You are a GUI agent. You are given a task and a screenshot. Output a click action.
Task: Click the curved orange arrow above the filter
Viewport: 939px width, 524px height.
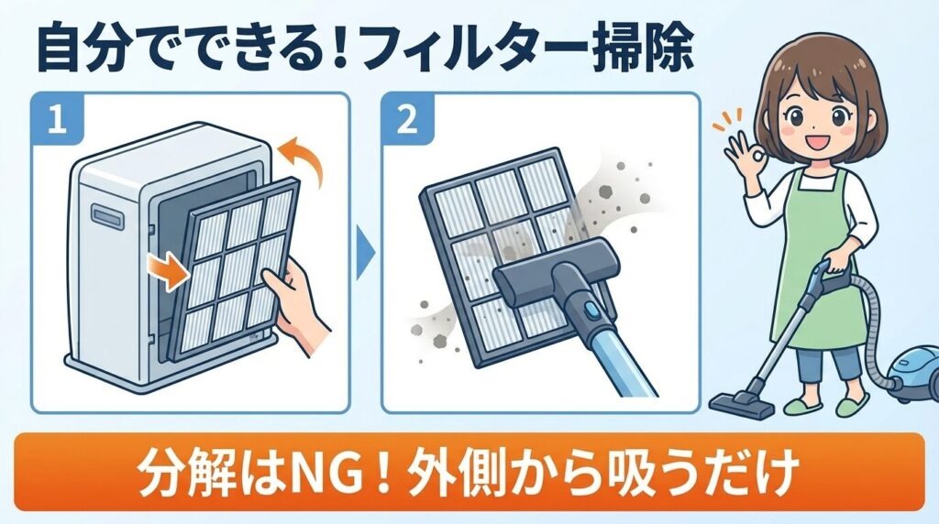point(304,160)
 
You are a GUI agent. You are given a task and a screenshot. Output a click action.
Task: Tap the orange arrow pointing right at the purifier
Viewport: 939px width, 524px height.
point(166,268)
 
